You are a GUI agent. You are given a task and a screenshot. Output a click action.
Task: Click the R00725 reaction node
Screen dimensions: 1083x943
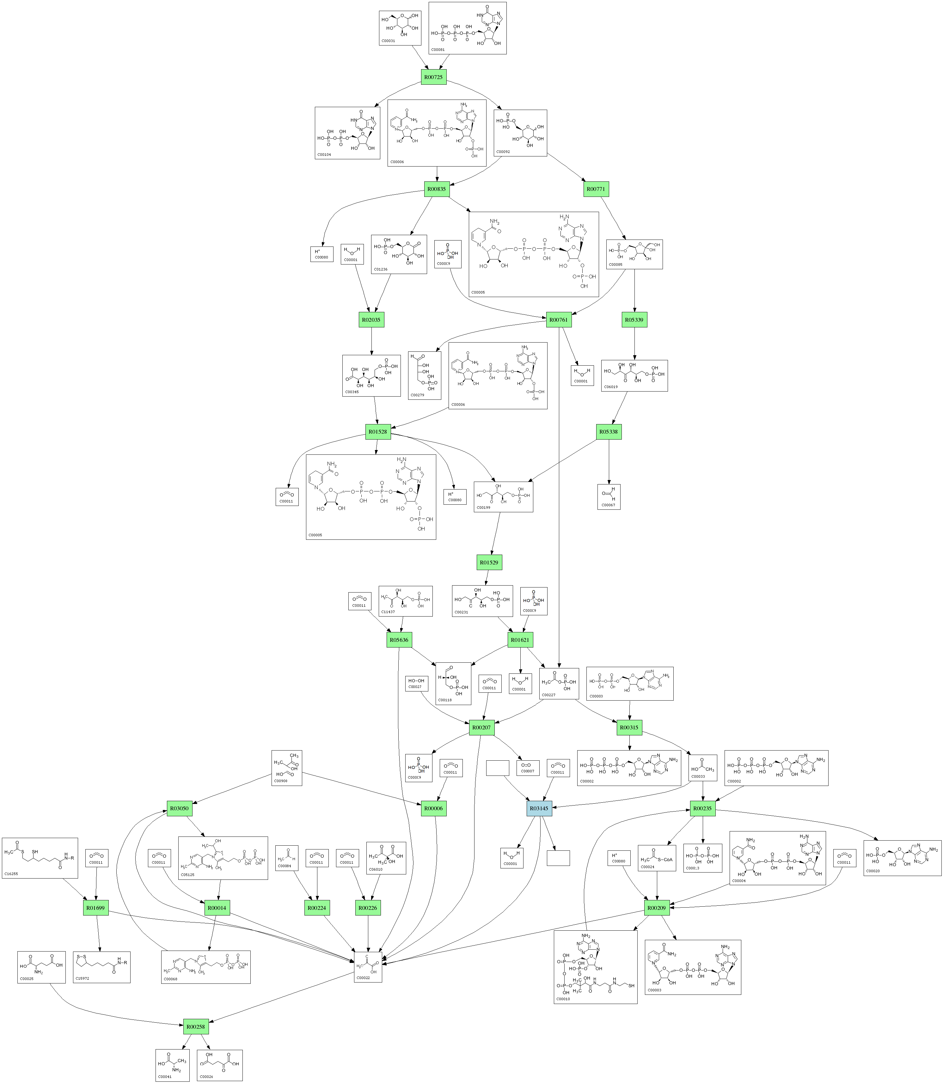434,77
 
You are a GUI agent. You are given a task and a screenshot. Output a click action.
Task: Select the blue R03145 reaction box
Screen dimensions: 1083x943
539,808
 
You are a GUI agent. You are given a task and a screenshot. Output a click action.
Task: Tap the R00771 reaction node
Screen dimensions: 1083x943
596,189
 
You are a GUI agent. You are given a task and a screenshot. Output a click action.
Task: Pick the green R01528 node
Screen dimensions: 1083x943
378,432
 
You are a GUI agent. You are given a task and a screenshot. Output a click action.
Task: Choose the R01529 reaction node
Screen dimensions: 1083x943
489,562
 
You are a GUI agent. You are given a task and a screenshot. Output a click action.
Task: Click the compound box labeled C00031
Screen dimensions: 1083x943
400,28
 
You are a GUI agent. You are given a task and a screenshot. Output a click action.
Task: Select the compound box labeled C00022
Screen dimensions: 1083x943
368,967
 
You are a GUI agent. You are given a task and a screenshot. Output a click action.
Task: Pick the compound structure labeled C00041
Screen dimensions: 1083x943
172,1065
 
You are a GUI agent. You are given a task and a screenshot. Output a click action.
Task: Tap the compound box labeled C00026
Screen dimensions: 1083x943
220,1065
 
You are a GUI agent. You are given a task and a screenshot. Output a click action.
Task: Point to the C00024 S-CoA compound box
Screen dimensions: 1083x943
657,858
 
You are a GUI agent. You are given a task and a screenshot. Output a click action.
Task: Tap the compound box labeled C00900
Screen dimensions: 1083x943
287,768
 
